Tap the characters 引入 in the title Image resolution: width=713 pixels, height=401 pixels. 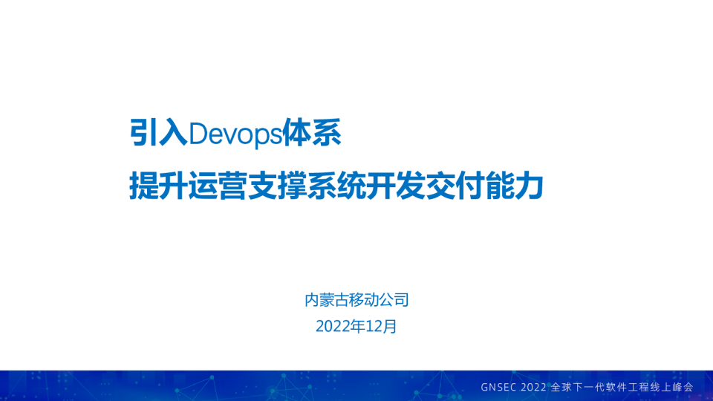(158, 134)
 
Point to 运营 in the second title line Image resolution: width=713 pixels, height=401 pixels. (229, 183)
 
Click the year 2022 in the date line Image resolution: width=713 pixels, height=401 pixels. (331, 326)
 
